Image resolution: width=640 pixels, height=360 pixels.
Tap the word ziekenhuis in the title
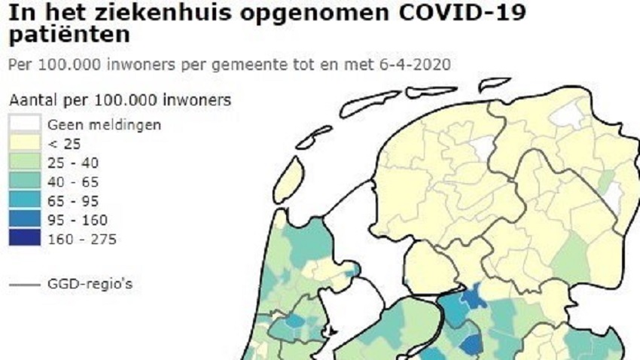click(161, 14)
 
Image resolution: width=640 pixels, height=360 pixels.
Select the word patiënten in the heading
click(67, 34)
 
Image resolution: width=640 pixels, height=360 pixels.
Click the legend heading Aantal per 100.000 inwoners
click(120, 99)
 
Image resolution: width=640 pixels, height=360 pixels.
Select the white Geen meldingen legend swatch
click(24, 124)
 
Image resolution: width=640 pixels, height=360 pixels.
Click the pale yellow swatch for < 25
click(24, 143)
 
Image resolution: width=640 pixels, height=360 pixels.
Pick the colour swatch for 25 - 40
click(24, 163)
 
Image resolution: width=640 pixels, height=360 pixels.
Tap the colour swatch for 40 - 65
click(24, 182)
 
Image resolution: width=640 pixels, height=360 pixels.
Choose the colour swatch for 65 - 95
click(24, 201)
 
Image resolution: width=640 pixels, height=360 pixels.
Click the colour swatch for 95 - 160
click(24, 220)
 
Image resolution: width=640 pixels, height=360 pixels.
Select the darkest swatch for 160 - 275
click(24, 239)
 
